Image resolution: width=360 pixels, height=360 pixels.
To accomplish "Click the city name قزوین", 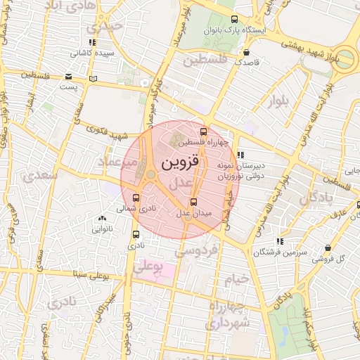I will coord(181,162).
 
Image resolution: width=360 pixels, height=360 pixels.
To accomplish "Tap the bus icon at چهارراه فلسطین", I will coord(204,131).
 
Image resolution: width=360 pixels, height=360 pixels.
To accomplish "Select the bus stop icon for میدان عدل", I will coord(194,202).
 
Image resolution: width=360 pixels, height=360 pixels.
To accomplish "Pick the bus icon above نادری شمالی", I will coord(136,198).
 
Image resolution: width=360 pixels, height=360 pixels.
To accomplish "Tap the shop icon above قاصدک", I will coord(246,52).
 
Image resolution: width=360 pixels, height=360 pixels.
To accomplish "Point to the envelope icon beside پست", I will coord(68,77).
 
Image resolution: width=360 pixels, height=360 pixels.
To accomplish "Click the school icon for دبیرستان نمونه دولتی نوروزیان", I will coord(240,155).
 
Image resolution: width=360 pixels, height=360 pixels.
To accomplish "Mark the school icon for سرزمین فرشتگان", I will coord(281,241).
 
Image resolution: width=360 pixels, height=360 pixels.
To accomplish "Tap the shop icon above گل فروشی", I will coord(329,247).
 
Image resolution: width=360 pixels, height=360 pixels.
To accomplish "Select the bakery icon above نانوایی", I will coord(103,219).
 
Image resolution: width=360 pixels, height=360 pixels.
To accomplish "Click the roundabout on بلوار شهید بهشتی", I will coord(345,57).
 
